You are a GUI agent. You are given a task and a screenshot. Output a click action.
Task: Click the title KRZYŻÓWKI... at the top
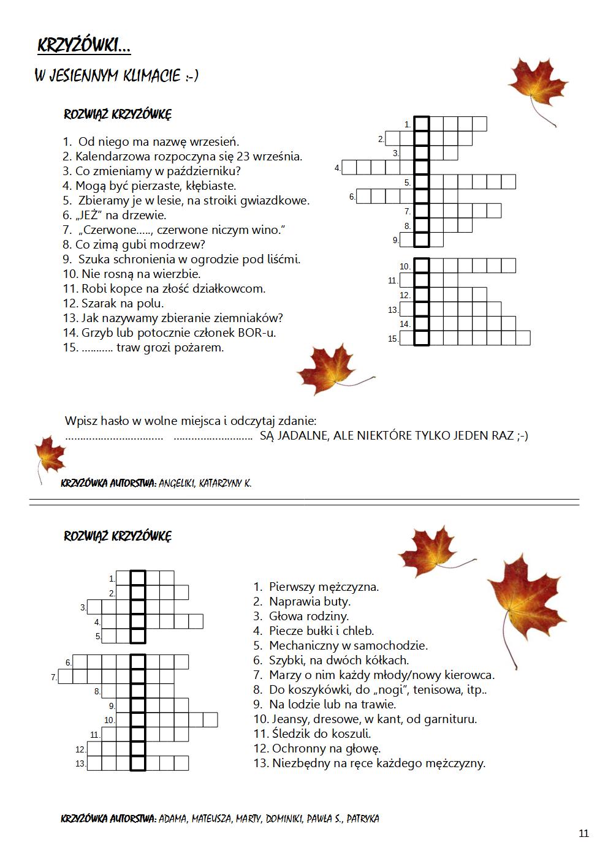coord(84,46)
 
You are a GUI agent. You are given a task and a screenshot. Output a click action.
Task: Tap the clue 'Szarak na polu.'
coord(113,304)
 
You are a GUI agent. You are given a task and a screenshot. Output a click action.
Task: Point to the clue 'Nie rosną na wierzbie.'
coord(132,274)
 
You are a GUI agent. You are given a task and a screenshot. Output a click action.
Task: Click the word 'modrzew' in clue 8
coord(181,245)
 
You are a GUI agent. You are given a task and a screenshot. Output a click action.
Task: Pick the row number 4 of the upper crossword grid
coord(337,168)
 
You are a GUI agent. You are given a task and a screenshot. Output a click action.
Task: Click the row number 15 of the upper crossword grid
coord(393,339)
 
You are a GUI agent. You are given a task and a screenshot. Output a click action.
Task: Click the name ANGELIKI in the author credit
coord(177,483)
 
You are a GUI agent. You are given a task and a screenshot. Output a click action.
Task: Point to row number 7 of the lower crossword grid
coord(53,678)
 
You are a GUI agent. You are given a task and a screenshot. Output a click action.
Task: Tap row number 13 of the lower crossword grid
coord(80,763)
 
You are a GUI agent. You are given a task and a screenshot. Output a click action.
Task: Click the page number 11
coord(583,833)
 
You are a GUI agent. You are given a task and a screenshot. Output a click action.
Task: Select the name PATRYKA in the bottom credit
coord(363,819)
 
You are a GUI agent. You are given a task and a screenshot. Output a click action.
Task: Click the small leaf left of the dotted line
coord(48,456)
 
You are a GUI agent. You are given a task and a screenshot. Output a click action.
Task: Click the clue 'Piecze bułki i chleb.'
coord(321,631)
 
